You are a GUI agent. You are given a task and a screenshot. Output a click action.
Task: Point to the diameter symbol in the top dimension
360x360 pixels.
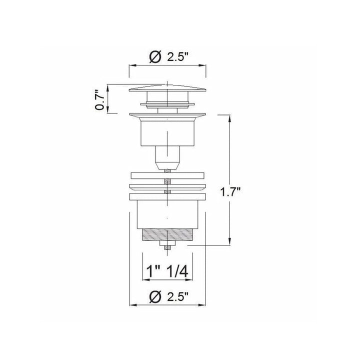point(155,57)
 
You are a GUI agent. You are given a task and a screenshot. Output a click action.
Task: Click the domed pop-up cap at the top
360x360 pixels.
point(167,88)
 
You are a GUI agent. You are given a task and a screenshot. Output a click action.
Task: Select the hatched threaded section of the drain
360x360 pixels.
point(168,234)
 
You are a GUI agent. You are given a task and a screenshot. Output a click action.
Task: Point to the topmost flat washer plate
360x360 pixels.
point(168,176)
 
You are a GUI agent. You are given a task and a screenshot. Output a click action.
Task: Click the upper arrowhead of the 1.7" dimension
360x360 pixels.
point(229,118)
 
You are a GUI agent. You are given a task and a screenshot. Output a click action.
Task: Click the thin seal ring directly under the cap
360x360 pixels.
point(167,103)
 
